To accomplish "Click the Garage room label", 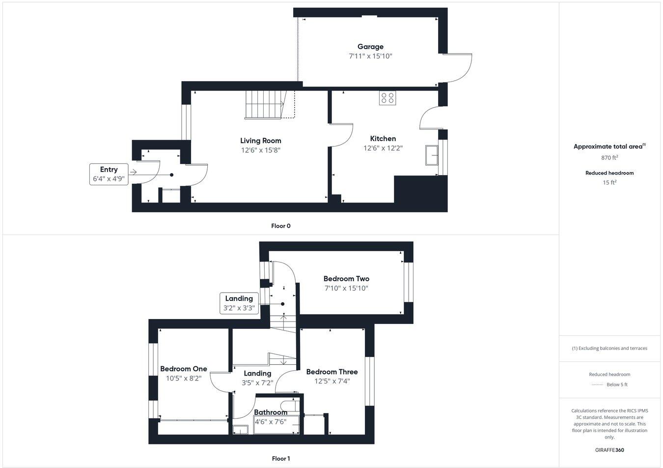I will point(370,47).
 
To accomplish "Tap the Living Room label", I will point(260,141).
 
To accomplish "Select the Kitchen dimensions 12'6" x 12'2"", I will point(383,148).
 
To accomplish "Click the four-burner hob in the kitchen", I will point(387,98).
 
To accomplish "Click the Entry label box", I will point(109,174).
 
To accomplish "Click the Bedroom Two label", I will point(346,279).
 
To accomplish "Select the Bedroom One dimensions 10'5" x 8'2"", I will point(184,379).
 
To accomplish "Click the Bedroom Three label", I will point(332,372).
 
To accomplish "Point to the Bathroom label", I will point(271,412).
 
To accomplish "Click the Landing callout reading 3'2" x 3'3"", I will point(239,303).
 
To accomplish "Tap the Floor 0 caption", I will point(281,226).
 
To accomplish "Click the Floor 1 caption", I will point(281,459).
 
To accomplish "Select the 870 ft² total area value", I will point(609,158).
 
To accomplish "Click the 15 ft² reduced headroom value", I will point(609,182).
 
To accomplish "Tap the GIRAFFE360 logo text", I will point(609,450).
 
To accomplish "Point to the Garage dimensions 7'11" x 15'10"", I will point(370,56).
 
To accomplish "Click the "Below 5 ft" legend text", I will point(617,384).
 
